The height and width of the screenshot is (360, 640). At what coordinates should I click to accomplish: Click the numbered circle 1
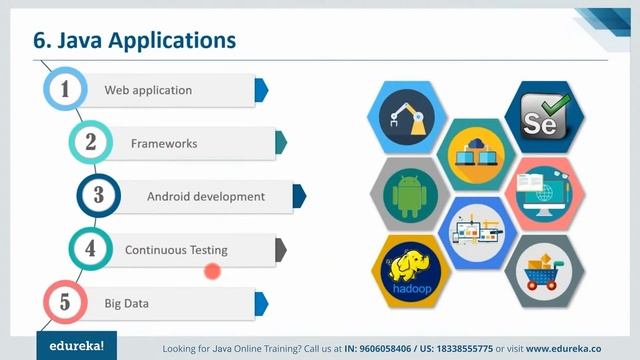(65, 90)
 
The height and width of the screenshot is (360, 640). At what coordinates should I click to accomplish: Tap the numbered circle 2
(91, 143)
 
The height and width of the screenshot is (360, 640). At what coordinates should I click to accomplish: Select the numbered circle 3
(99, 196)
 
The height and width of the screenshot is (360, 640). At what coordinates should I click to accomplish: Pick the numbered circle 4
(91, 249)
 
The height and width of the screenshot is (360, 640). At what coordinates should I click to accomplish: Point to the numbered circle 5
(65, 302)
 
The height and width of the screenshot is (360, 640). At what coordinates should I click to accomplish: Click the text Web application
(148, 90)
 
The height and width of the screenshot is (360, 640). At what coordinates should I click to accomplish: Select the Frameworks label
(164, 144)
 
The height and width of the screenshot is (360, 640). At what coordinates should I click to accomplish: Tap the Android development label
(206, 197)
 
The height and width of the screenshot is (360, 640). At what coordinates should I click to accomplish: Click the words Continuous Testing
(176, 250)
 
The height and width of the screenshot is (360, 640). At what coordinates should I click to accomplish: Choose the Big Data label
(127, 303)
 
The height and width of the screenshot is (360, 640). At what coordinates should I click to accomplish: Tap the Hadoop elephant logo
(412, 272)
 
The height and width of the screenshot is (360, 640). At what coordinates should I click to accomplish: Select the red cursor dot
(212, 270)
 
